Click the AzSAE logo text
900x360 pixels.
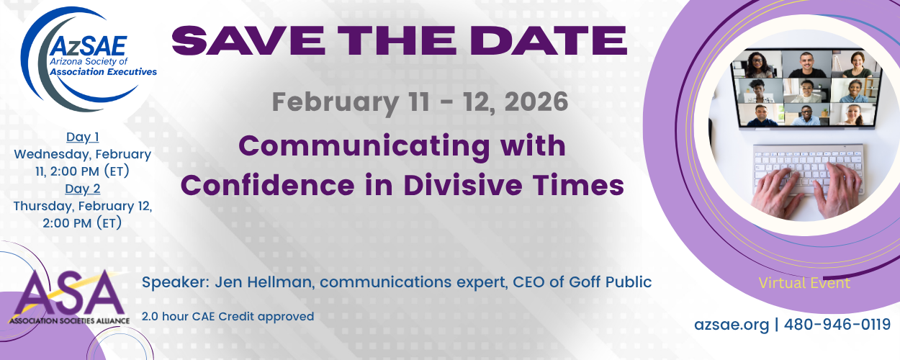pyautogui.click(x=89, y=46)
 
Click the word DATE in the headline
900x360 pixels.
pyautogui.click(x=548, y=40)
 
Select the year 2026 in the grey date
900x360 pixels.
pyautogui.click(x=536, y=102)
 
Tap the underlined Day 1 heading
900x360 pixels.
pyautogui.click(x=82, y=137)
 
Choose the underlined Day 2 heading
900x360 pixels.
pyautogui.click(x=82, y=189)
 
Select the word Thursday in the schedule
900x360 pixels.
pyautogui.click(x=44, y=206)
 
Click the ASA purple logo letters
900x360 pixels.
pyautogui.click(x=68, y=293)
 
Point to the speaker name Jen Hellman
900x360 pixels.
pyautogui.click(x=264, y=282)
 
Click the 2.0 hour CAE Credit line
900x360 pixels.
pyautogui.click(x=228, y=317)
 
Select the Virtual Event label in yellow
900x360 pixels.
pyautogui.click(x=804, y=283)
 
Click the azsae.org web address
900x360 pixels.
pyautogui.click(x=732, y=325)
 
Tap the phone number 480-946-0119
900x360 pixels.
pyautogui.click(x=837, y=324)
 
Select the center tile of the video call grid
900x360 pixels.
pyautogui.click(x=806, y=91)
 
